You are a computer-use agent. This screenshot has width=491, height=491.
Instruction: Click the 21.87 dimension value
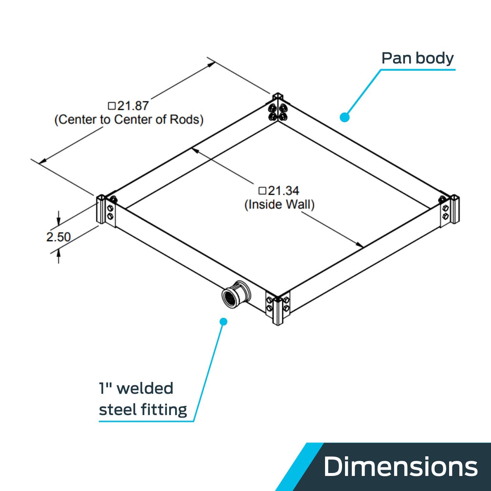click(133, 106)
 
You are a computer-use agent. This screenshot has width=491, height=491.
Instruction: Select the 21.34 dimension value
click(284, 191)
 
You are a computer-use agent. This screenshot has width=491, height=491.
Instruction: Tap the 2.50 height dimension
click(58, 237)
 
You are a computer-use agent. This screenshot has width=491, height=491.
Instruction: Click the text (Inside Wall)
click(280, 205)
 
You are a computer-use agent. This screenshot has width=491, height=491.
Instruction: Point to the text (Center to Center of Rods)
click(129, 119)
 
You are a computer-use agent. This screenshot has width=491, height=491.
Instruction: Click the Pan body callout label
click(418, 58)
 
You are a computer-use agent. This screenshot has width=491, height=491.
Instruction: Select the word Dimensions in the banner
click(401, 466)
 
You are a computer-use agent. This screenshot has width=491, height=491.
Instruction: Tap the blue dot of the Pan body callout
click(344, 117)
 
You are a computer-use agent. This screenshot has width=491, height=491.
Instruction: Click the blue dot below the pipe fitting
click(223, 321)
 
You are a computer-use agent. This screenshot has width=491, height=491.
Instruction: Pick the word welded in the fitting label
click(145, 389)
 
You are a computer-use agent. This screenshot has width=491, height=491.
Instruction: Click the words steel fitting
click(143, 409)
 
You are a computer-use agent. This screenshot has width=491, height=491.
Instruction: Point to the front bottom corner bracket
click(278, 308)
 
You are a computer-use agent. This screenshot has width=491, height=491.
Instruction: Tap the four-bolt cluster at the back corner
click(278, 112)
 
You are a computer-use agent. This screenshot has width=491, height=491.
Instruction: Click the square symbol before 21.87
click(112, 106)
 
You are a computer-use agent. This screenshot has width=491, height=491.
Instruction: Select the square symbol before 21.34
click(263, 191)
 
